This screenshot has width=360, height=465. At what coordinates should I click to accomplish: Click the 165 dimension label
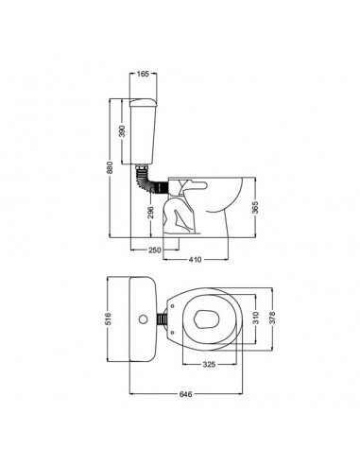pos(143,74)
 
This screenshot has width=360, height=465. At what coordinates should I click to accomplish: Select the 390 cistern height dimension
pos(123,131)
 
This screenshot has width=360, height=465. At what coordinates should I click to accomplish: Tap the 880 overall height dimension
pos(110,168)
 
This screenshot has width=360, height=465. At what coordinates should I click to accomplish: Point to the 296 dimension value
pos(151,213)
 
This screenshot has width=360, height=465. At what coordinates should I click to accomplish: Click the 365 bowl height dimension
pos(256,207)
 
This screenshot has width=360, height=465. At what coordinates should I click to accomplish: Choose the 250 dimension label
pos(155,250)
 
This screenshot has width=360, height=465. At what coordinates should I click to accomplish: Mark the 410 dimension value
pos(196,260)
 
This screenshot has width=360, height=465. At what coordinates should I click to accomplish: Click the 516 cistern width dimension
pos(108,319)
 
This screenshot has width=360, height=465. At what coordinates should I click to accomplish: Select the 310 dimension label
pos(255,318)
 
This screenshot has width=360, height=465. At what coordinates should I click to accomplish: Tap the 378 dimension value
pos(272,318)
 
